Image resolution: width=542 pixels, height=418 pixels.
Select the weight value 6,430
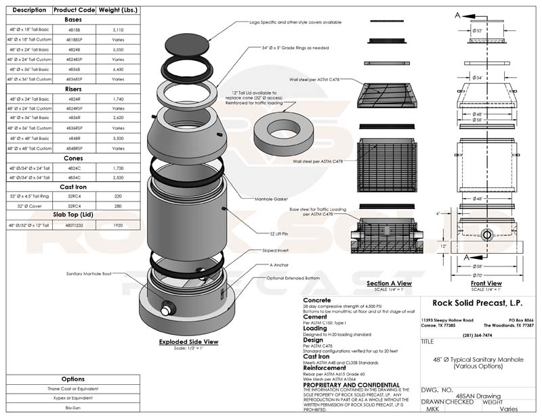tap(119, 69)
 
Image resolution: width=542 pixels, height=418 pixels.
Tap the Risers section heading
tap(74, 89)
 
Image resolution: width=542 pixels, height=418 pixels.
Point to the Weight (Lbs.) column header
tap(119, 11)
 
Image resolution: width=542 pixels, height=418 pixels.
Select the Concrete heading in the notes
tap(317, 300)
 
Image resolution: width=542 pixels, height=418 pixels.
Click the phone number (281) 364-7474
tap(477, 335)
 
